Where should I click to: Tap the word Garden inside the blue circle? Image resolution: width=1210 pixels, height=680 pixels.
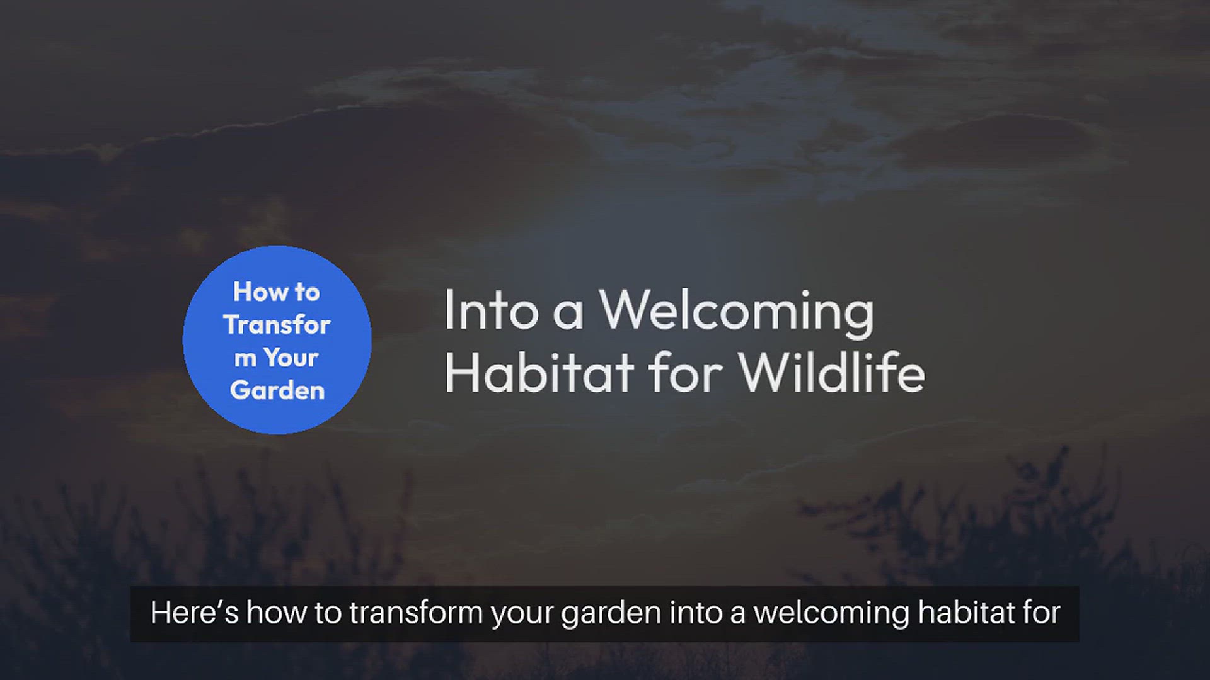(277, 390)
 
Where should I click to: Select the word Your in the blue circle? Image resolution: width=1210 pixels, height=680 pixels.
(291, 358)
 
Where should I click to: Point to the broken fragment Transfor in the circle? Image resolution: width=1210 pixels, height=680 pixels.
(277, 325)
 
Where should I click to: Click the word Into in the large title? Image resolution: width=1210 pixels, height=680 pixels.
(491, 310)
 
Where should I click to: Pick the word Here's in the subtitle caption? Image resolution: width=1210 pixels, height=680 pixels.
(194, 613)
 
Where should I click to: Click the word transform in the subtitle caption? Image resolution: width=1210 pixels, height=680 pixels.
(416, 613)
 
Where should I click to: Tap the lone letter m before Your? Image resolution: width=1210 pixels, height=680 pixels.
(245, 359)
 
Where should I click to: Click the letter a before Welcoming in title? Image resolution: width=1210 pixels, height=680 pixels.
(568, 314)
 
